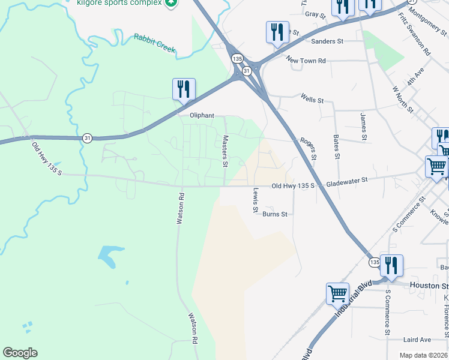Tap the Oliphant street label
click(202, 116)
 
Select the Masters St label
click(226, 151)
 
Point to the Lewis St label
click(256, 201)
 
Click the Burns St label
click(276, 214)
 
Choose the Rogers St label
click(308, 147)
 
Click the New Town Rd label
click(306, 61)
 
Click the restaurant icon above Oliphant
click(184, 89)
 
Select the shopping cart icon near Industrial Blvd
click(337, 293)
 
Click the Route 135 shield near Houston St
click(374, 263)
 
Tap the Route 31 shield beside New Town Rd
click(246, 71)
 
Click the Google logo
click(20, 353)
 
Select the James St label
click(363, 127)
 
